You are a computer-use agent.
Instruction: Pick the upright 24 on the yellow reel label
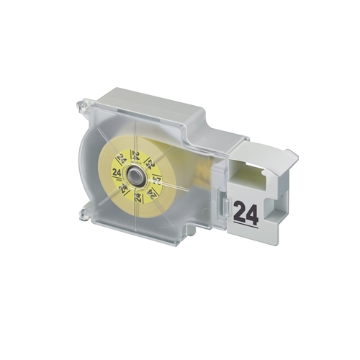point(117,172)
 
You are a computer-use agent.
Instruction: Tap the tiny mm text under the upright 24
point(117,178)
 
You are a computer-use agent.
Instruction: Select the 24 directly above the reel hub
point(135,156)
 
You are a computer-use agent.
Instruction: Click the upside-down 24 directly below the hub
point(138,197)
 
